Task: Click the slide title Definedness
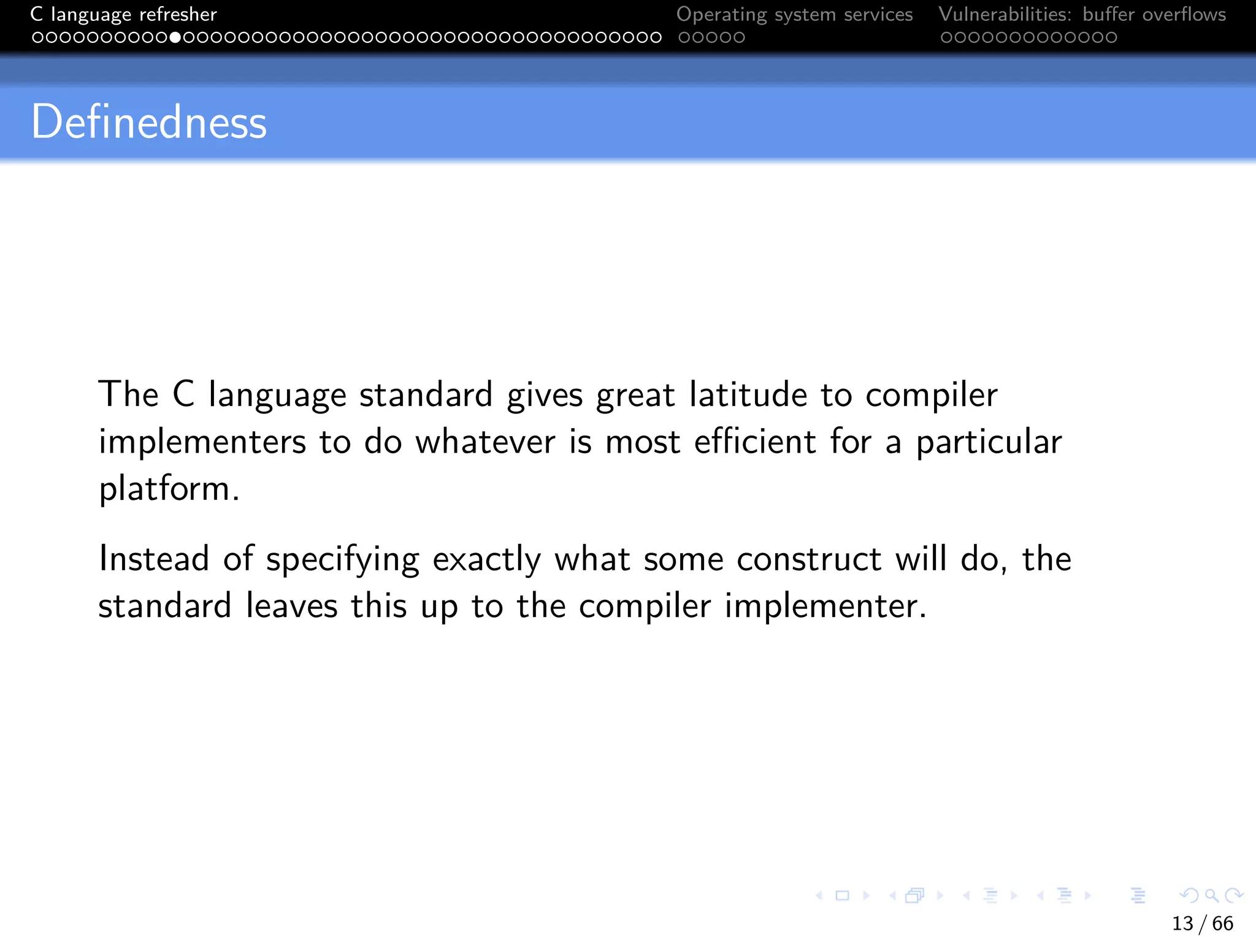(x=149, y=122)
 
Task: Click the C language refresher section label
(x=123, y=14)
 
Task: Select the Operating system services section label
(x=794, y=14)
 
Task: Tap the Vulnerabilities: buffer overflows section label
(x=1082, y=14)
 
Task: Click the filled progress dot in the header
(x=175, y=37)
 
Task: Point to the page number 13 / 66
(x=1202, y=923)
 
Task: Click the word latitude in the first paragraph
(x=748, y=394)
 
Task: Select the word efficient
(x=755, y=442)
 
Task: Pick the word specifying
(x=342, y=560)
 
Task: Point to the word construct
(x=809, y=559)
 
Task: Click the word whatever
(x=485, y=442)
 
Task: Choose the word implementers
(x=202, y=443)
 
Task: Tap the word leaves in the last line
(x=291, y=606)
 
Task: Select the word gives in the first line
(x=545, y=396)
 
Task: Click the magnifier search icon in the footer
(x=1211, y=895)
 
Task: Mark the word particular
(x=989, y=443)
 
